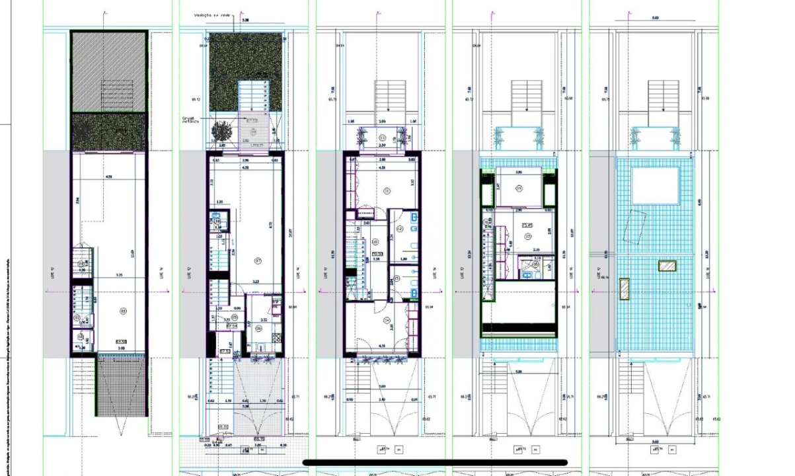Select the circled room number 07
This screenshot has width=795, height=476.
[258, 260]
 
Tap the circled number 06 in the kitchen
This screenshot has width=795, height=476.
[259, 328]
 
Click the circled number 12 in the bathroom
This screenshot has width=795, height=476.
[399, 229]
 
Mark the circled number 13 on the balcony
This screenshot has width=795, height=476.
[383, 138]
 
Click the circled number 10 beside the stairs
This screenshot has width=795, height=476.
[374, 241]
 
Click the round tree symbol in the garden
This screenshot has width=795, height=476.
[218, 132]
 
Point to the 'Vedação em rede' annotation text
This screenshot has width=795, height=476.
[208, 13]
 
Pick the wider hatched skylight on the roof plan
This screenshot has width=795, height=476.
[667, 266]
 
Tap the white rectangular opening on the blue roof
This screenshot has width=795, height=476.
[656, 186]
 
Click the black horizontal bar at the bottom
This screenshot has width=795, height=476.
[435, 463]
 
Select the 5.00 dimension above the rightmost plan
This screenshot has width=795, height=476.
[654, 18]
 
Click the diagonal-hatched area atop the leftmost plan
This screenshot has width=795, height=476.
[108, 71]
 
